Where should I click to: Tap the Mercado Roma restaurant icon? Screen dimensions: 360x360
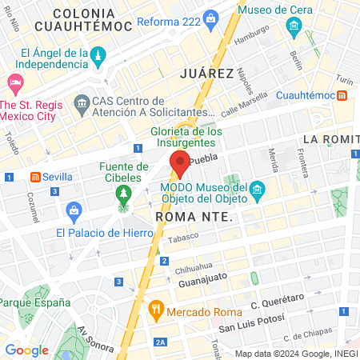click(156, 309)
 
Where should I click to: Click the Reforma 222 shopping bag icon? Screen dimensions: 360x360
click(210, 18)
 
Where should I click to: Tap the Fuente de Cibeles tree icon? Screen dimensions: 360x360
click(122, 194)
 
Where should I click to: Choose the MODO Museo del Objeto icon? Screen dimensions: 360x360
click(257, 190)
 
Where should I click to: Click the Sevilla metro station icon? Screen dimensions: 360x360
click(35, 177)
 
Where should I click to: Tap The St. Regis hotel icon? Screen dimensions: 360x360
click(14, 82)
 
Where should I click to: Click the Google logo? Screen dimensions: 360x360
click(26, 350)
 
